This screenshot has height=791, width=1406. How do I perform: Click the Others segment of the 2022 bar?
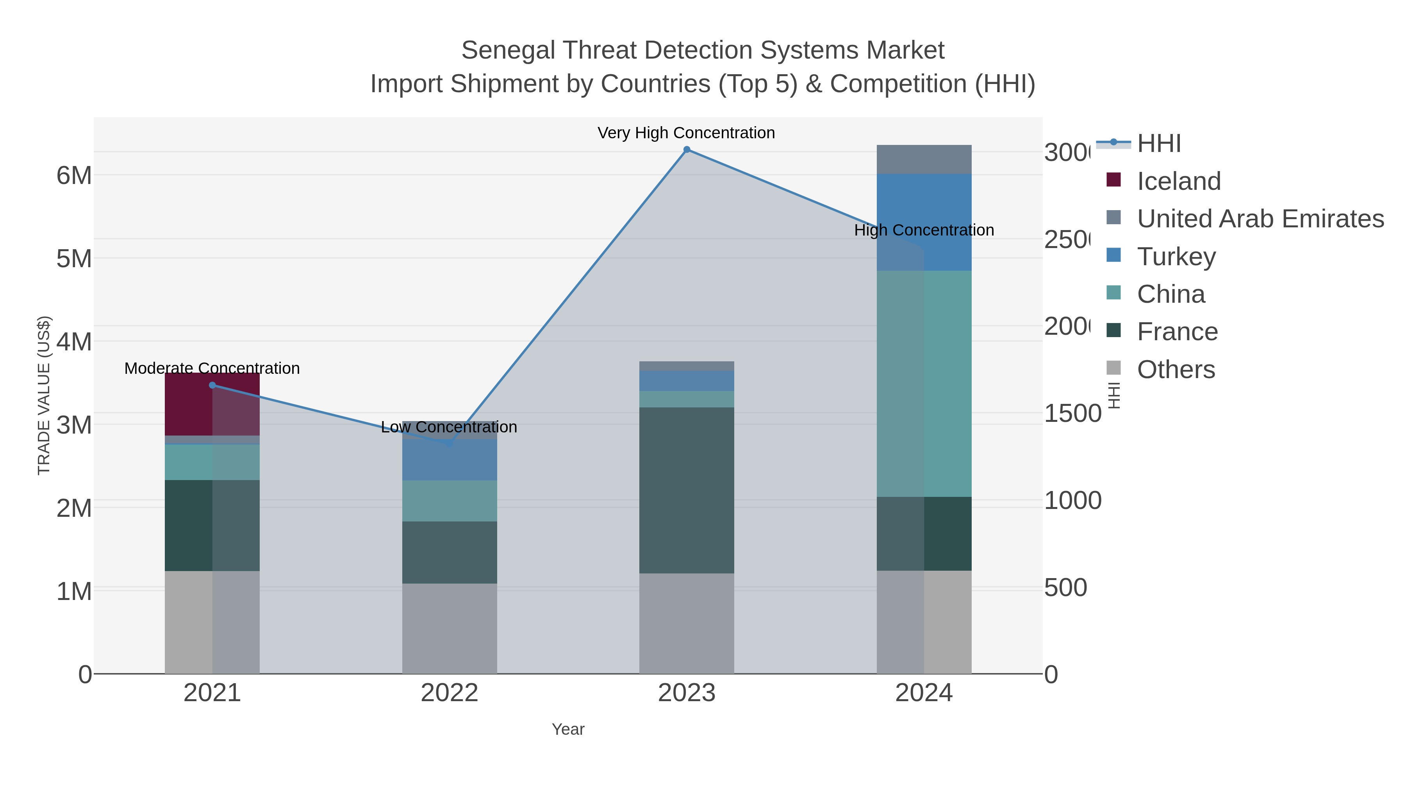(x=449, y=628)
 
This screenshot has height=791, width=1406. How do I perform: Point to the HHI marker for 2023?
(x=687, y=150)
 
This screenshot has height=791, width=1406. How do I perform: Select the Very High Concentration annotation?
(x=686, y=133)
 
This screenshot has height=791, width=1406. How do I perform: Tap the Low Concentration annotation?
(x=449, y=427)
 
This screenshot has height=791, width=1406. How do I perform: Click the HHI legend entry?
(x=1159, y=144)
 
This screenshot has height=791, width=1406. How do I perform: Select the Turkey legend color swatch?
(x=1113, y=255)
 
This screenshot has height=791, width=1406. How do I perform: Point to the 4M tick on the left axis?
(x=74, y=342)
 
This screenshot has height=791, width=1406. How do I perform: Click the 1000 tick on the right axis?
(x=1072, y=501)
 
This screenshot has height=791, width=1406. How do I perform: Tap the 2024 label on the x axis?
(x=924, y=693)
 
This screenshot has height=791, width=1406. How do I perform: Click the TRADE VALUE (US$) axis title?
(x=44, y=395)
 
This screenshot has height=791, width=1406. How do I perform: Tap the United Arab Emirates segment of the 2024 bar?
(x=924, y=159)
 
